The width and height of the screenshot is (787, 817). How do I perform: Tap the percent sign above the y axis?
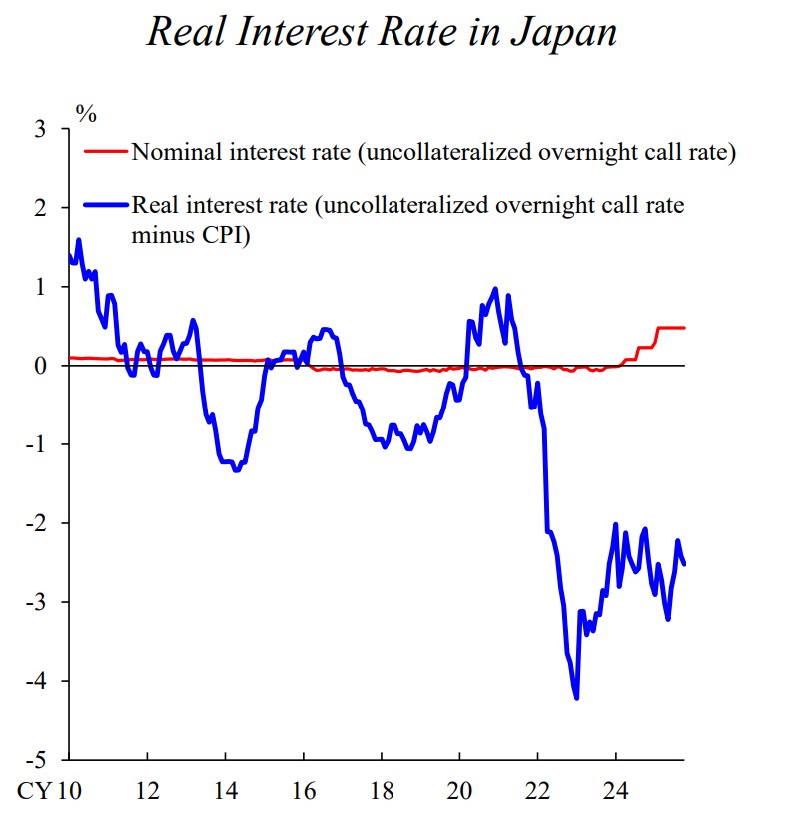(88, 112)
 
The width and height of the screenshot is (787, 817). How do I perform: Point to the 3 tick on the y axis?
(40, 129)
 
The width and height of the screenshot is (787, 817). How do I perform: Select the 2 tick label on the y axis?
(40, 208)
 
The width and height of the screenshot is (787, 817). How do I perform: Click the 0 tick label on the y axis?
(40, 366)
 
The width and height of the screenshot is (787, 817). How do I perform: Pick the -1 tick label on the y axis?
(36, 444)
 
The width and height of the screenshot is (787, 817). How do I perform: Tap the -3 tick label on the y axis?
(36, 602)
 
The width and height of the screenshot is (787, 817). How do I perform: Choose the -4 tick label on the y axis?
(36, 681)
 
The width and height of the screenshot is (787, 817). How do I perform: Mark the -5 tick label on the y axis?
(36, 760)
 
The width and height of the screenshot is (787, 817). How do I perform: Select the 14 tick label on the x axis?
(225, 791)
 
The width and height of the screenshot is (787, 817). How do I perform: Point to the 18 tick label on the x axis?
(382, 791)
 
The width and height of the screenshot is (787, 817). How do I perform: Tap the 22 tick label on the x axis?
(538, 791)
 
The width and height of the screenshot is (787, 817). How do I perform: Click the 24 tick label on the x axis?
(616, 791)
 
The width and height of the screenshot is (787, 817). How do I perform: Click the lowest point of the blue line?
(576, 698)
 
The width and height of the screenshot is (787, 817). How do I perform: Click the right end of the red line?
(684, 327)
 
